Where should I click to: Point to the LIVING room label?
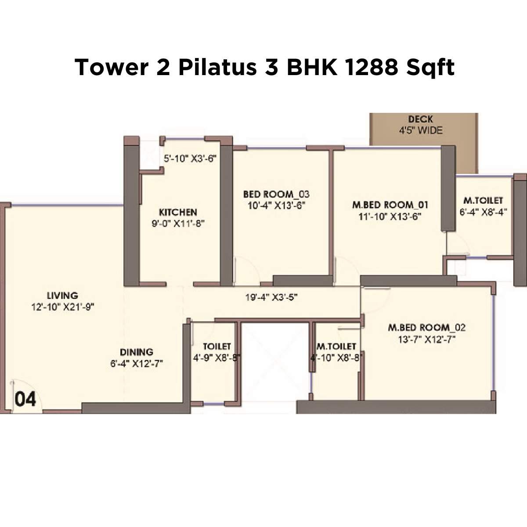62,296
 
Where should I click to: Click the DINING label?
137,352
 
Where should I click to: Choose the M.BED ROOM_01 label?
390,205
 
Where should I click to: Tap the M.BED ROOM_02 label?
426,328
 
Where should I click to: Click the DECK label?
420,119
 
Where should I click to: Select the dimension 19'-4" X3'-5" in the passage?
271,297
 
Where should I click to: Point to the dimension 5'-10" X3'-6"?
191,159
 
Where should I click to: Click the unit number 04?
25,400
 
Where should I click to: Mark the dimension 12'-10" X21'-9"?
63,307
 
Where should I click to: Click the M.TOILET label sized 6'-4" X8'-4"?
483,201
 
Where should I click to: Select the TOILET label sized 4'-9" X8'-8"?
217,347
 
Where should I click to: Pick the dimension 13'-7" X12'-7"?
426,339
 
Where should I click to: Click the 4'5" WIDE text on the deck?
420,130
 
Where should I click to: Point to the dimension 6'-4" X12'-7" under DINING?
137,364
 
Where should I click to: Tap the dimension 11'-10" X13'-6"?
390,217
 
